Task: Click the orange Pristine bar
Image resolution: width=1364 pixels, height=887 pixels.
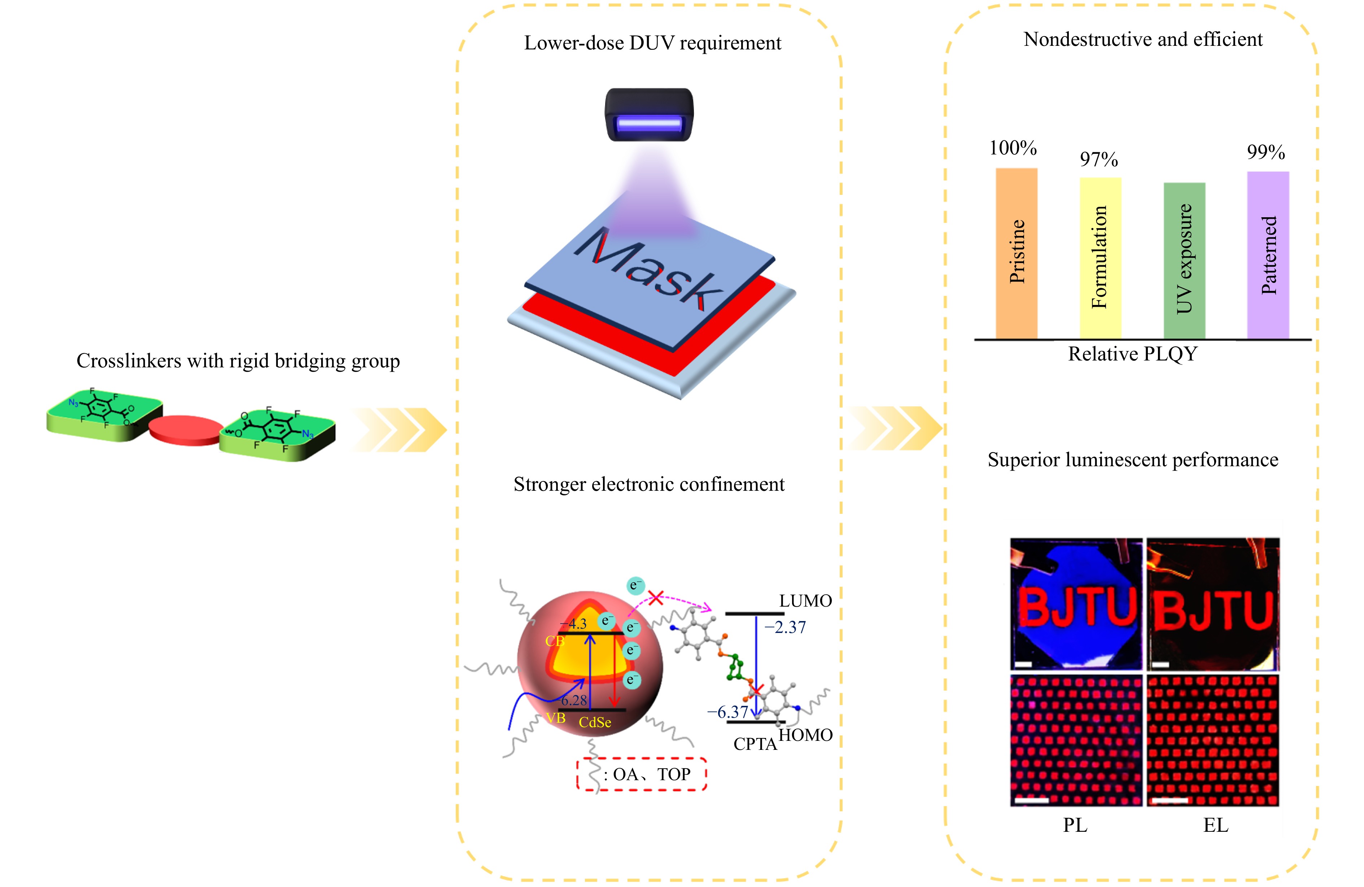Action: [1016, 252]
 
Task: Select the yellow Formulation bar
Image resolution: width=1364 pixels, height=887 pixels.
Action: [1100, 258]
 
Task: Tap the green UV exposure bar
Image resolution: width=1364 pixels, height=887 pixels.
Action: [1184, 261]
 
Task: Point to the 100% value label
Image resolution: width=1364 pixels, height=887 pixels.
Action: [1013, 148]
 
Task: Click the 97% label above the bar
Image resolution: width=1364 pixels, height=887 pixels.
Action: [1099, 159]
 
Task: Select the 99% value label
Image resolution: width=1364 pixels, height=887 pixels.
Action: [1266, 152]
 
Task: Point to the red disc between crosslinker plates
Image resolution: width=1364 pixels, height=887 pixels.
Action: [186, 430]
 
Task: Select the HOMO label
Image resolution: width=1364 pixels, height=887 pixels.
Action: [805, 735]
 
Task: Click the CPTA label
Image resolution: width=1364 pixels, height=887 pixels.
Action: [755, 744]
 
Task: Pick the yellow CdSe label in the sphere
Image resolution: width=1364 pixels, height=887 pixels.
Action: [595, 722]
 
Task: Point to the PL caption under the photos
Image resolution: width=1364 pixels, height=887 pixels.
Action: [1075, 825]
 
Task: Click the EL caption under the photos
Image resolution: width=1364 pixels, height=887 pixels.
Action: [1216, 825]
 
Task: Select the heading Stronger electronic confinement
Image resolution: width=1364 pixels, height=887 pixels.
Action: [649, 484]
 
